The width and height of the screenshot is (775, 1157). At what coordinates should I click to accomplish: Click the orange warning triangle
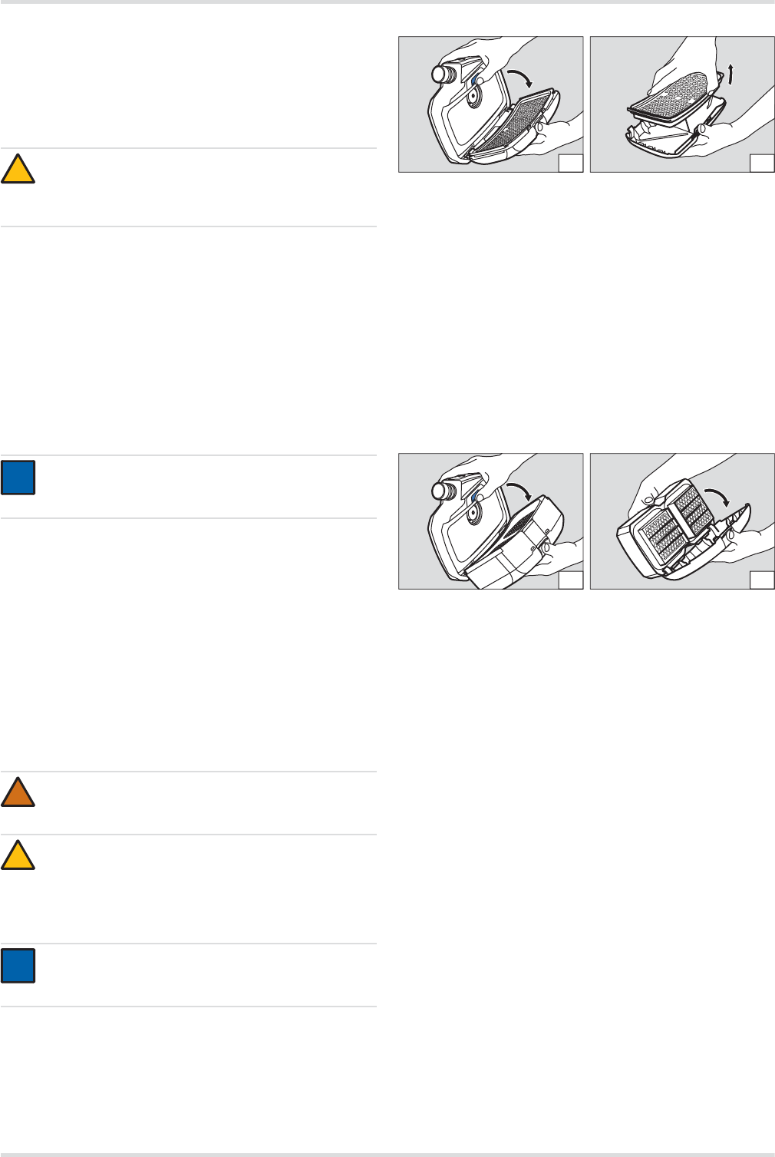tap(18, 793)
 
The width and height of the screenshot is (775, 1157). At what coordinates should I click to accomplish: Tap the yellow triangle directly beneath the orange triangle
tap(18, 855)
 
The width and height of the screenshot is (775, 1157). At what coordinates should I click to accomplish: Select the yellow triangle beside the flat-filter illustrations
tap(18, 170)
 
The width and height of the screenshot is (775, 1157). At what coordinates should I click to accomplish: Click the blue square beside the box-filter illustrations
tap(18, 477)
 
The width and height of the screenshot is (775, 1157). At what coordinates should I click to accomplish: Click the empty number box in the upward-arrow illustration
tap(760, 161)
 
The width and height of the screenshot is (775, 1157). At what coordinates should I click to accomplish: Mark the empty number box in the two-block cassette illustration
tap(760, 579)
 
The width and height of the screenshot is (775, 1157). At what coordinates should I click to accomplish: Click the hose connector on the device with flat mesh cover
tap(442, 74)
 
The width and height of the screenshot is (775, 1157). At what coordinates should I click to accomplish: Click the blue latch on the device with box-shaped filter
tap(477, 498)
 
